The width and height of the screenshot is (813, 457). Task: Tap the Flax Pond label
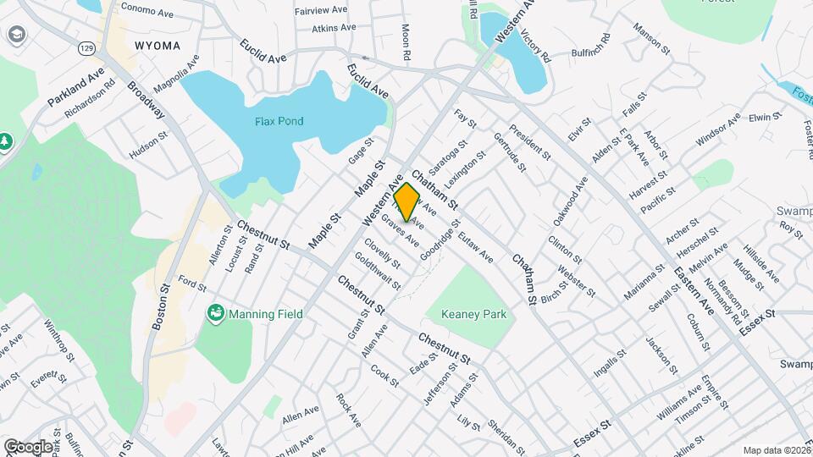point(279,121)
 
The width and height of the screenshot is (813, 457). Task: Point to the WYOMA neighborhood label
point(157,44)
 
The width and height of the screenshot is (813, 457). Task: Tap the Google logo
point(28,446)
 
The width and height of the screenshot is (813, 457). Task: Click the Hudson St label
point(148,145)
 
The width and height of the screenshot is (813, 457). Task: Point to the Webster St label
point(577,280)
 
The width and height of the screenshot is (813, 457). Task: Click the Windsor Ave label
point(717,127)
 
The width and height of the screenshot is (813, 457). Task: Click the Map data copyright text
point(775,450)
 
